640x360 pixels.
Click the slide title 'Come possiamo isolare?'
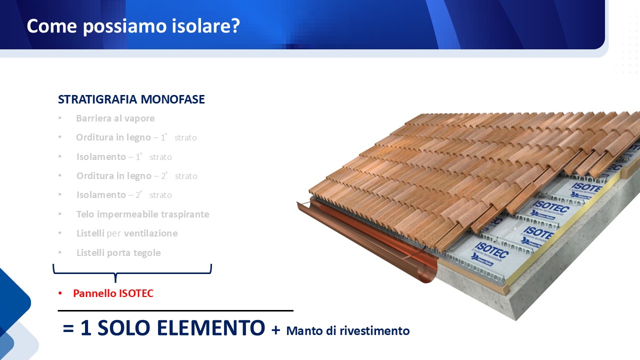(133, 26)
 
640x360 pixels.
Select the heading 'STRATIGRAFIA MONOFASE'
(131, 99)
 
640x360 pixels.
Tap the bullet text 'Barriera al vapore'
(115, 118)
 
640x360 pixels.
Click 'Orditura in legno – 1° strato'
(136, 137)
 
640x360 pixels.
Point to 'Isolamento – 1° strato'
(124, 157)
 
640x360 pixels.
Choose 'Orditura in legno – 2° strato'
(136, 175)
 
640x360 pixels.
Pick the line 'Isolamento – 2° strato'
(124, 195)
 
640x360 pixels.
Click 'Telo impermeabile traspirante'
(142, 214)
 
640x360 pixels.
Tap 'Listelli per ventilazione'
(127, 233)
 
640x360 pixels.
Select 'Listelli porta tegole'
(118, 253)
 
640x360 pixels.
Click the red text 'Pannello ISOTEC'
(113, 293)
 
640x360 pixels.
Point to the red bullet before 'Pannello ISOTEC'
(60, 293)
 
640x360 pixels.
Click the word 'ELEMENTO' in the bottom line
(211, 327)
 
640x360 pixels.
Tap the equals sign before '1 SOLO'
(68, 328)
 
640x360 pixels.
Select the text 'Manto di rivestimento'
(348, 331)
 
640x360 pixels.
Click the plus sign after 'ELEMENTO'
(275, 330)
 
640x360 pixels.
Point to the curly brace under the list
(115, 273)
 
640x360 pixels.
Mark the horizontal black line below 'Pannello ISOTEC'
(175, 310)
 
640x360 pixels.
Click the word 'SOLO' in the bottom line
(123, 327)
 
